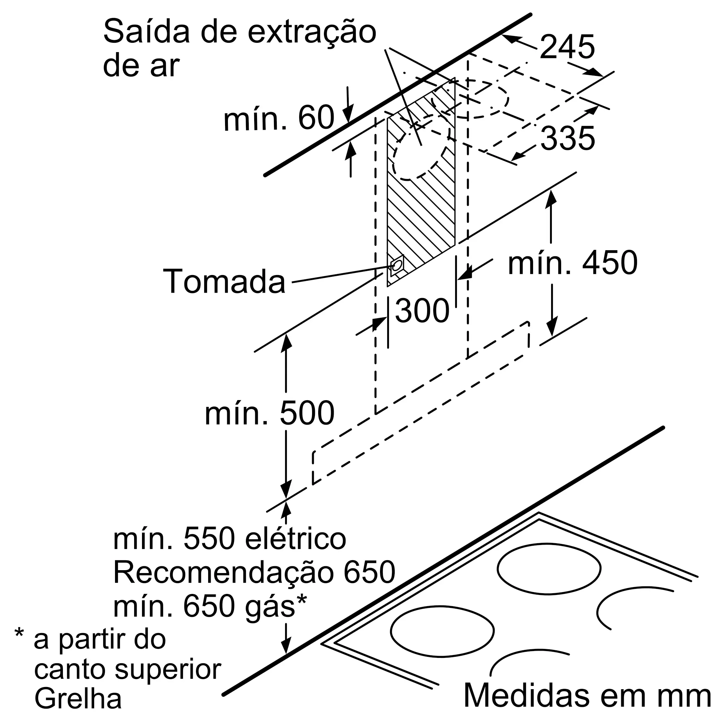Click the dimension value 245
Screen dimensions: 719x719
(x=567, y=47)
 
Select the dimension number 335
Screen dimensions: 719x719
(x=567, y=138)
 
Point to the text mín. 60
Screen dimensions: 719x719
(x=279, y=118)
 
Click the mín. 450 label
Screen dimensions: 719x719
(x=573, y=263)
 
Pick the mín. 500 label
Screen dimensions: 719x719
(x=269, y=413)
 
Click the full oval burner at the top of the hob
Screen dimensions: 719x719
(x=549, y=569)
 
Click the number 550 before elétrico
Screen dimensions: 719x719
(x=209, y=539)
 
